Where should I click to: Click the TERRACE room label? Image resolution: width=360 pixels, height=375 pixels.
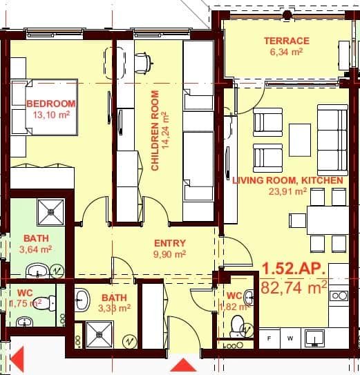click(x=286, y=41)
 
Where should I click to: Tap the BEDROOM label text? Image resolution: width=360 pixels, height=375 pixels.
click(x=50, y=104)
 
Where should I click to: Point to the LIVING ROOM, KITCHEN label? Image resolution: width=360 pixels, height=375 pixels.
click(x=287, y=181)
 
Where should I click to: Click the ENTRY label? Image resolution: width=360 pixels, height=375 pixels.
click(x=169, y=243)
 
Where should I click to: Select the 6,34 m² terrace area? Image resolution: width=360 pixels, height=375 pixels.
click(x=286, y=51)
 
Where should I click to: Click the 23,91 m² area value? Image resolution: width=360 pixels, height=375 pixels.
click(x=287, y=191)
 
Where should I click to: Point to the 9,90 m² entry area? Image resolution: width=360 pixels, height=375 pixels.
click(x=169, y=253)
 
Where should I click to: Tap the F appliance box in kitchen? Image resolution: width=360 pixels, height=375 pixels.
click(x=269, y=338)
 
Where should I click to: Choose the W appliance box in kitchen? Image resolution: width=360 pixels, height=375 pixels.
click(x=290, y=338)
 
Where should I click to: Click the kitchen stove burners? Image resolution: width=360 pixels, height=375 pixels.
click(x=339, y=296)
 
